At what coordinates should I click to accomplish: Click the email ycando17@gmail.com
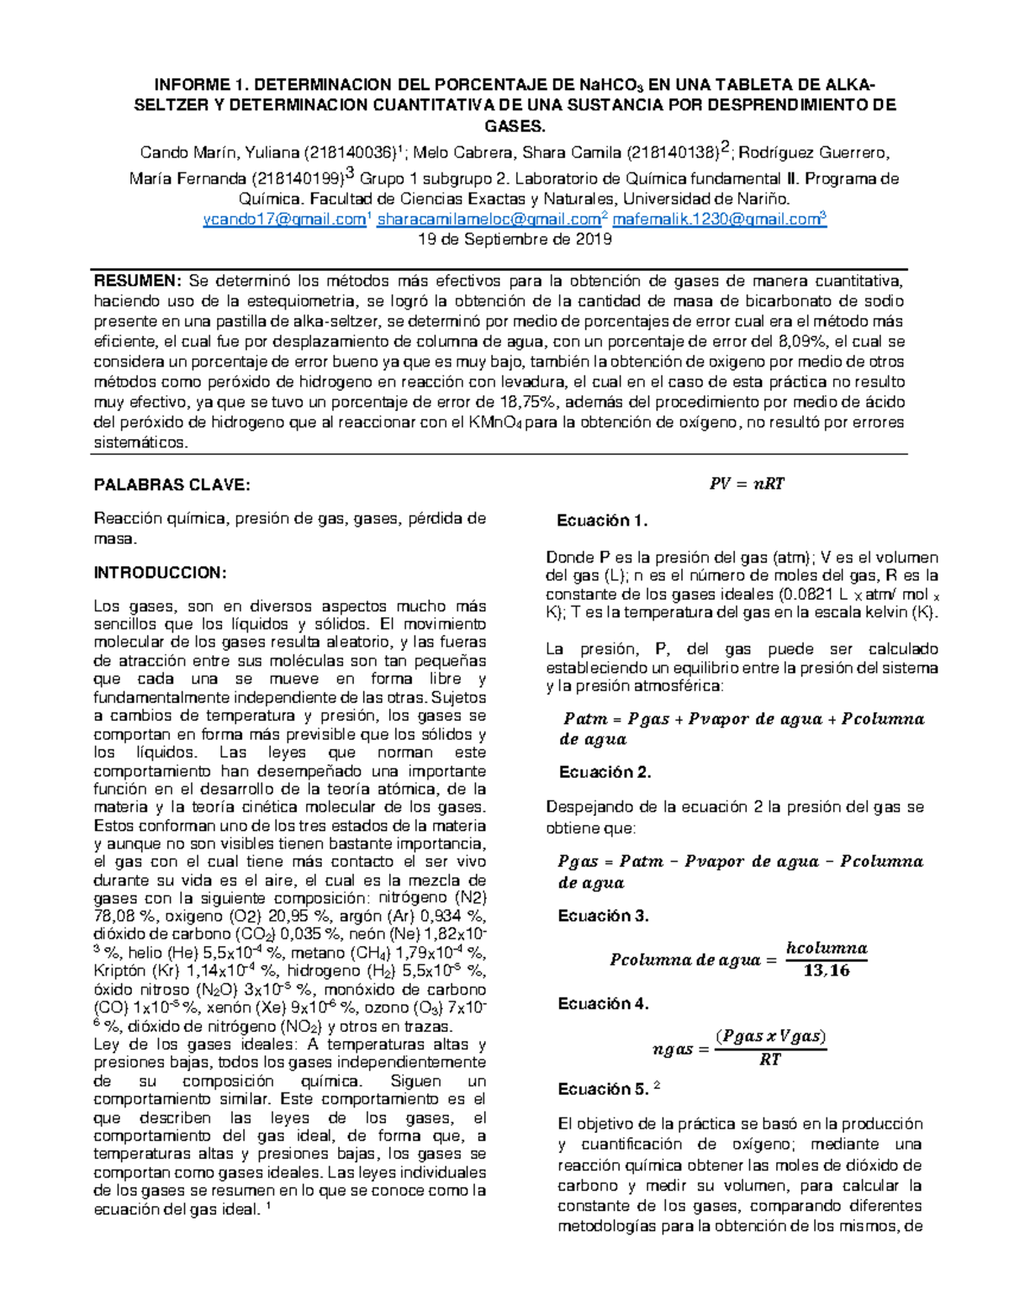click(284, 219)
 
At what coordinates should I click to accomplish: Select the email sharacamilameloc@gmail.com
click(489, 219)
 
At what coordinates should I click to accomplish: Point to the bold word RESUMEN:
click(136, 280)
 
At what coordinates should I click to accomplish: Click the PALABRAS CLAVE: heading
click(172, 485)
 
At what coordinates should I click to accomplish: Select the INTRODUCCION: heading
click(160, 573)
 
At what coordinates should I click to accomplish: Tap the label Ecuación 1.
click(602, 521)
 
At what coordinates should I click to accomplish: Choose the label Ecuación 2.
click(605, 772)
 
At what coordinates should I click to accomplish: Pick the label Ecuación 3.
click(603, 916)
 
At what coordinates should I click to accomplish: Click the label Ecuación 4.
click(603, 1003)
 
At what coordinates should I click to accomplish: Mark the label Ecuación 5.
click(603, 1089)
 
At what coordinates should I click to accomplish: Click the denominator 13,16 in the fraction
click(827, 970)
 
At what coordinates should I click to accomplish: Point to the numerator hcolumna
click(826, 948)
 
